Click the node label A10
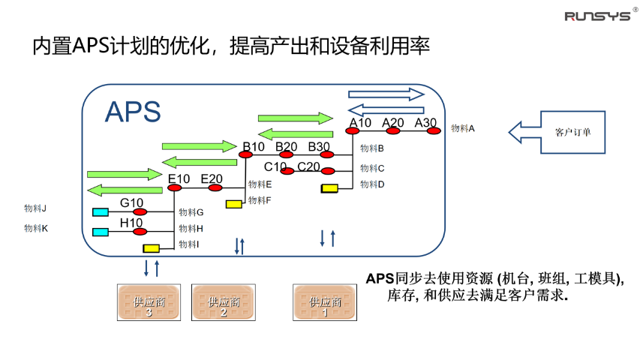pyautogui.click(x=360, y=122)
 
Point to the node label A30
pyautogui.click(x=425, y=122)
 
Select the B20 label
pyautogui.click(x=287, y=145)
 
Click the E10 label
pyautogui.click(x=179, y=178)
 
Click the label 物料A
pyautogui.click(x=463, y=128)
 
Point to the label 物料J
pyautogui.click(x=35, y=208)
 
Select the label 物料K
pyautogui.click(x=35, y=228)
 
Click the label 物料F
pyautogui.click(x=260, y=200)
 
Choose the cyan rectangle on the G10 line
pyautogui.click(x=100, y=212)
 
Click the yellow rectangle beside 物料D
pyautogui.click(x=329, y=188)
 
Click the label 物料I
pyautogui.click(x=188, y=244)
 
